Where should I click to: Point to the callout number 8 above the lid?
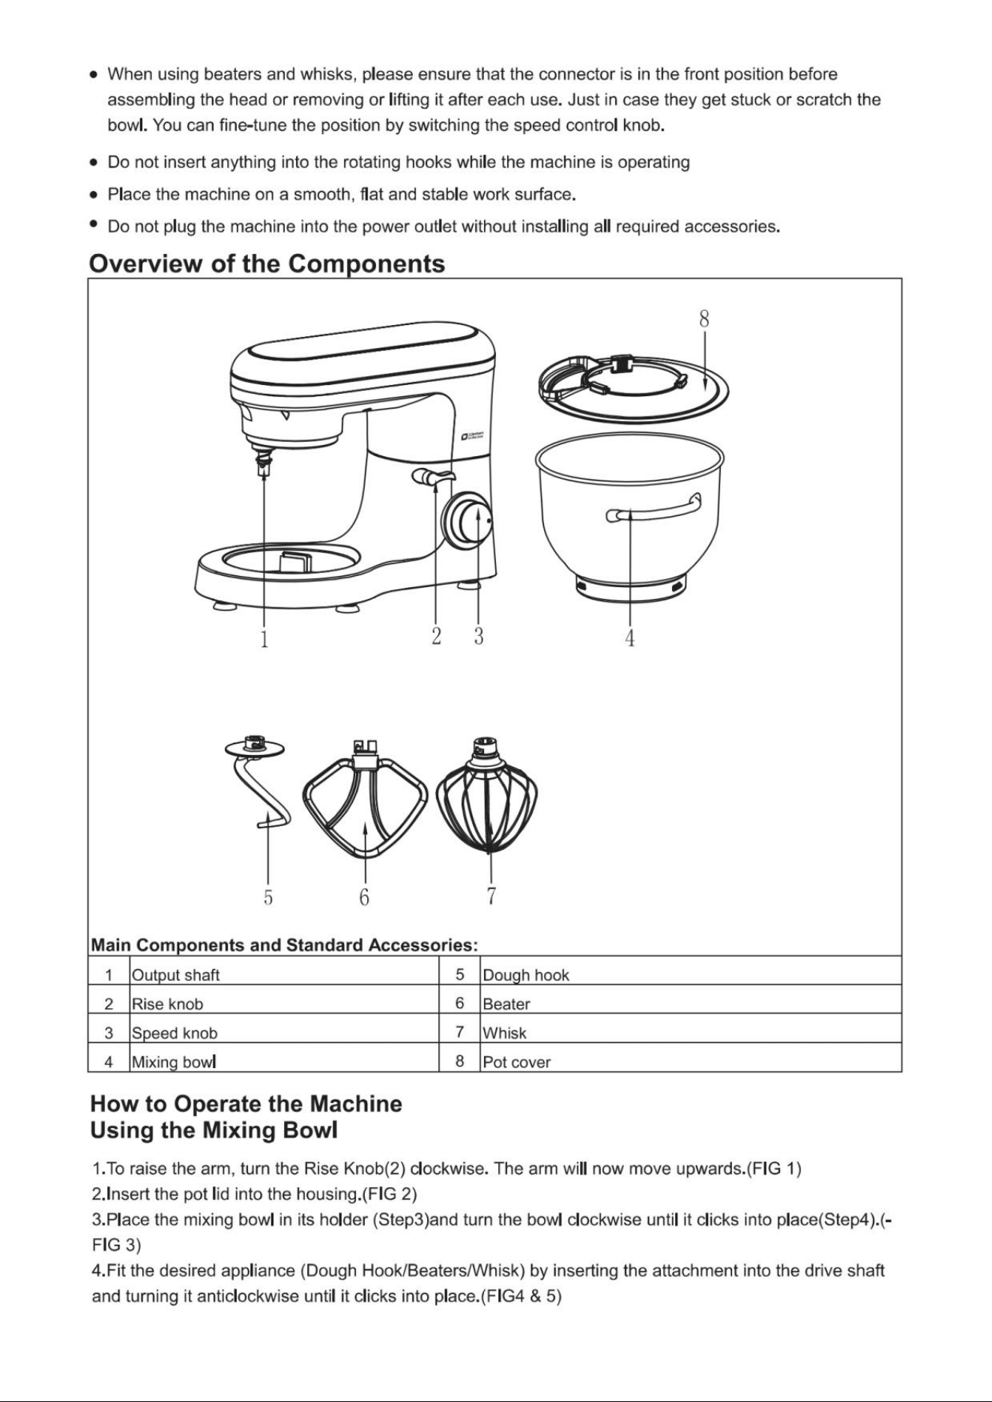(x=704, y=318)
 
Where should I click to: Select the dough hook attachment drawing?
(x=258, y=783)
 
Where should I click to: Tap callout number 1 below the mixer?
(x=264, y=639)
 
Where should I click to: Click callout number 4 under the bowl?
(x=630, y=638)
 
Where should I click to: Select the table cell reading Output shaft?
(x=176, y=975)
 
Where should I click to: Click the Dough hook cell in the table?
(x=526, y=975)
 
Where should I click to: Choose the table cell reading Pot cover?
(x=517, y=1062)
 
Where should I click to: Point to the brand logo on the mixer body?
(x=473, y=436)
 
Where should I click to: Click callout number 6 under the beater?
(x=364, y=896)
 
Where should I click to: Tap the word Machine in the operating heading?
(x=356, y=1104)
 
